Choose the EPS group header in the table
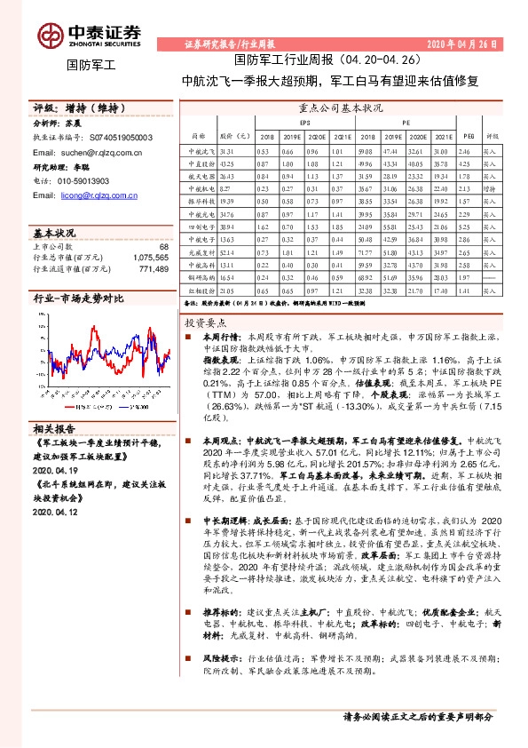(304, 123)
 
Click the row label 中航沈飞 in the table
(203, 152)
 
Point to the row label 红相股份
(203, 290)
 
